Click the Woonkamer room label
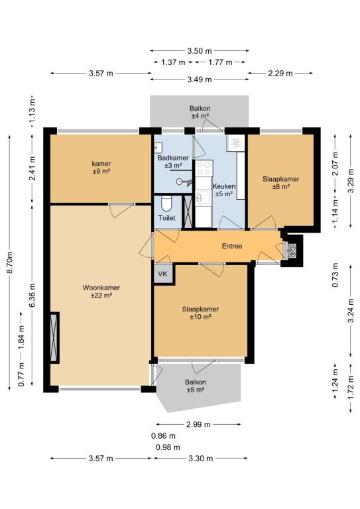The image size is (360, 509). tap(101, 292)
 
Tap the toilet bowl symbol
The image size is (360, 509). tap(166, 204)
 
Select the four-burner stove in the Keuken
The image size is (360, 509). tap(204, 168)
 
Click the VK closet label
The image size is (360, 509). tap(162, 274)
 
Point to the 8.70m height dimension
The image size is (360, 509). tap(10, 262)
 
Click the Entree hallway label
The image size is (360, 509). tap(232, 246)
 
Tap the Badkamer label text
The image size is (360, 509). tap(173, 158)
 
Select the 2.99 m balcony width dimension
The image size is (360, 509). tap(198, 424)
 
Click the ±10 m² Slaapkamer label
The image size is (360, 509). tap(200, 313)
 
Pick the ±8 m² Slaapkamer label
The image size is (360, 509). tap(281, 183)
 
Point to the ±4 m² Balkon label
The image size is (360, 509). tap(200, 112)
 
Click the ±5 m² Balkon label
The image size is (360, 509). tap(196, 386)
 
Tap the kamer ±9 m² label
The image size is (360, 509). tap(101, 167)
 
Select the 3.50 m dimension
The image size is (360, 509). tap(200, 50)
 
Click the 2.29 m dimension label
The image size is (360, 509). tap(280, 74)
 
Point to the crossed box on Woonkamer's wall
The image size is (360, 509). tap(54, 337)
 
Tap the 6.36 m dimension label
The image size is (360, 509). tap(32, 295)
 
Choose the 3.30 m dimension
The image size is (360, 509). tap(201, 459)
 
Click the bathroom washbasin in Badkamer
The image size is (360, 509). tap(158, 147)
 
